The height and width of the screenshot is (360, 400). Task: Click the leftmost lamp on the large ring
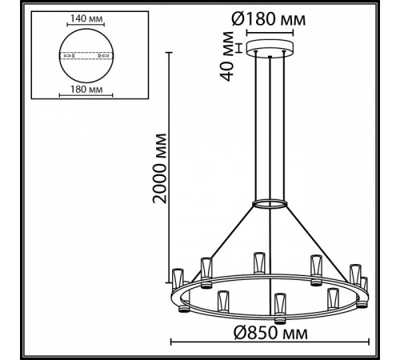click(178, 277)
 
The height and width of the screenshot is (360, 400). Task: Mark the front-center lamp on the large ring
click(278, 305)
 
